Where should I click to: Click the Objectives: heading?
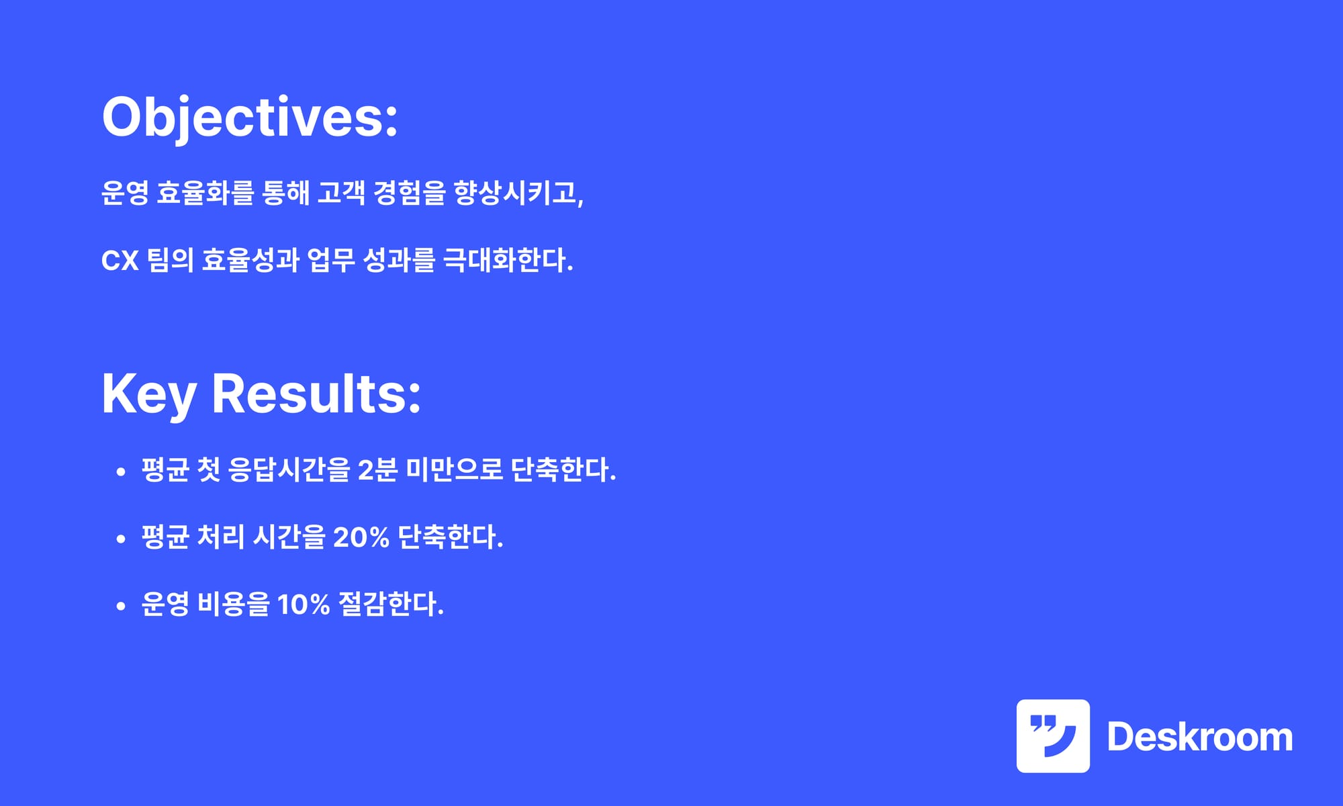[x=250, y=118]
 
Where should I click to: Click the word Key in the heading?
[x=149, y=395]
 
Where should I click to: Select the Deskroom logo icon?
[x=1053, y=736]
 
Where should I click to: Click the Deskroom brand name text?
[x=1200, y=737]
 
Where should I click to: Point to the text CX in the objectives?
[x=120, y=261]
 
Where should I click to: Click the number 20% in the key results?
[x=361, y=537]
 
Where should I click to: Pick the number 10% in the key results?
[x=304, y=604]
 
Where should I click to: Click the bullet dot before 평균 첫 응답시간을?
[x=121, y=472]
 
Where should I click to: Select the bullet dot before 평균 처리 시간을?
[x=121, y=539]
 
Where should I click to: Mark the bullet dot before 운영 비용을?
[x=121, y=607]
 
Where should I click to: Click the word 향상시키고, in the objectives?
[x=518, y=193]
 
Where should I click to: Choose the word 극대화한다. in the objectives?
[x=508, y=261]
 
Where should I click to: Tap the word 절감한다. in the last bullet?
[x=391, y=604]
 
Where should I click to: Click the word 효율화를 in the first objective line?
[x=205, y=193]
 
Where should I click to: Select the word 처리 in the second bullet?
[x=221, y=537]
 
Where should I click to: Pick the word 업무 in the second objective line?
[x=331, y=261]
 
